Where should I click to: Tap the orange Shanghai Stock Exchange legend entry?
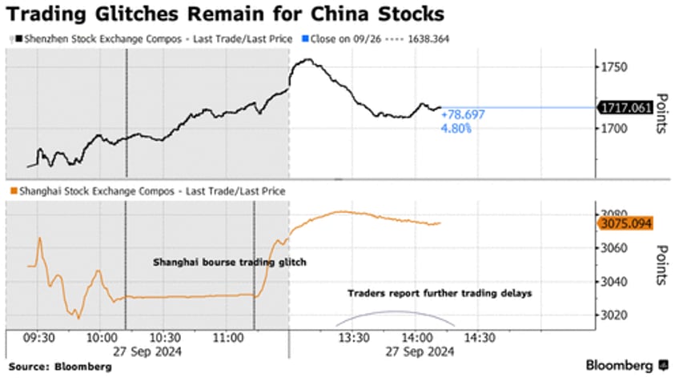pos(147,191)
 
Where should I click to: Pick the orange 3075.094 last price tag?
pos(627,223)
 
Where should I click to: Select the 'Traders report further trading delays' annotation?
pos(440,293)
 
